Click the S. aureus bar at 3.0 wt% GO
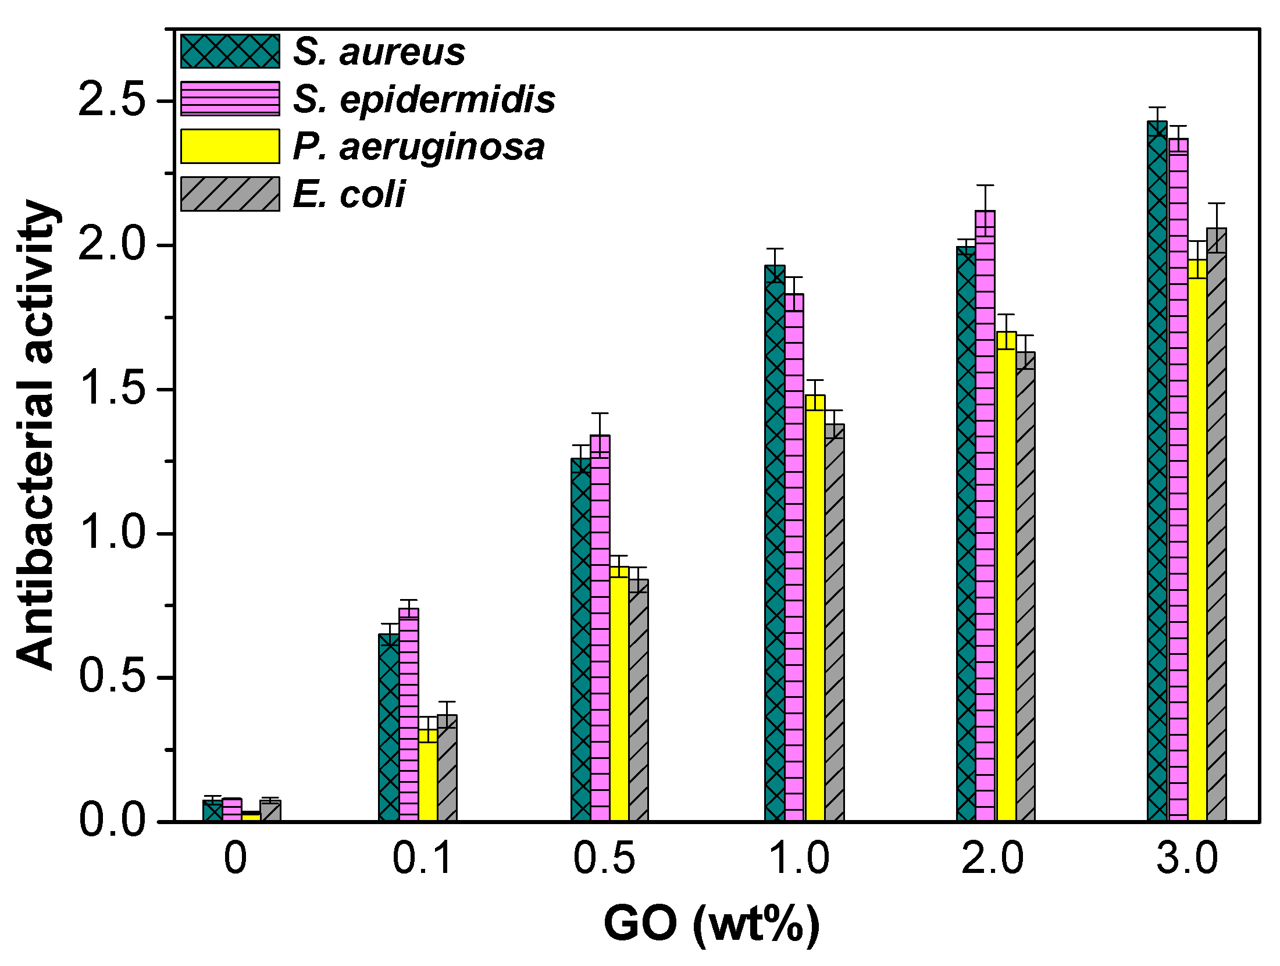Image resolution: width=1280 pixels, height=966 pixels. [x=1157, y=471]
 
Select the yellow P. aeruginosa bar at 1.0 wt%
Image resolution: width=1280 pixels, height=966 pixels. [x=815, y=608]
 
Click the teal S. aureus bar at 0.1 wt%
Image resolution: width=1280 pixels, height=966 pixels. [x=388, y=727]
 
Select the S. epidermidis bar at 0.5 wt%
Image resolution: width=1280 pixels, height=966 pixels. [x=600, y=628]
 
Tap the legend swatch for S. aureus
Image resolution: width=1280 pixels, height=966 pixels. [x=230, y=51]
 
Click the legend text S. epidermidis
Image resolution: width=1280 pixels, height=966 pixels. [x=424, y=99]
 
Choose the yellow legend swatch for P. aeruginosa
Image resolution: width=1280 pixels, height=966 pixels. [x=230, y=146]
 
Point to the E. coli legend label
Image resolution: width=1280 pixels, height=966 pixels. [x=349, y=194]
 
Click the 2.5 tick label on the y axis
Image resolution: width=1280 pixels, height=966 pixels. [x=111, y=99]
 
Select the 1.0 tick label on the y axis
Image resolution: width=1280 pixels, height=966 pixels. [x=111, y=533]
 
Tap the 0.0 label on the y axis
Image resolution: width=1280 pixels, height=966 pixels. [x=111, y=821]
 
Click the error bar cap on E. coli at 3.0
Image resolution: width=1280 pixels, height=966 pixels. [x=1216, y=204]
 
